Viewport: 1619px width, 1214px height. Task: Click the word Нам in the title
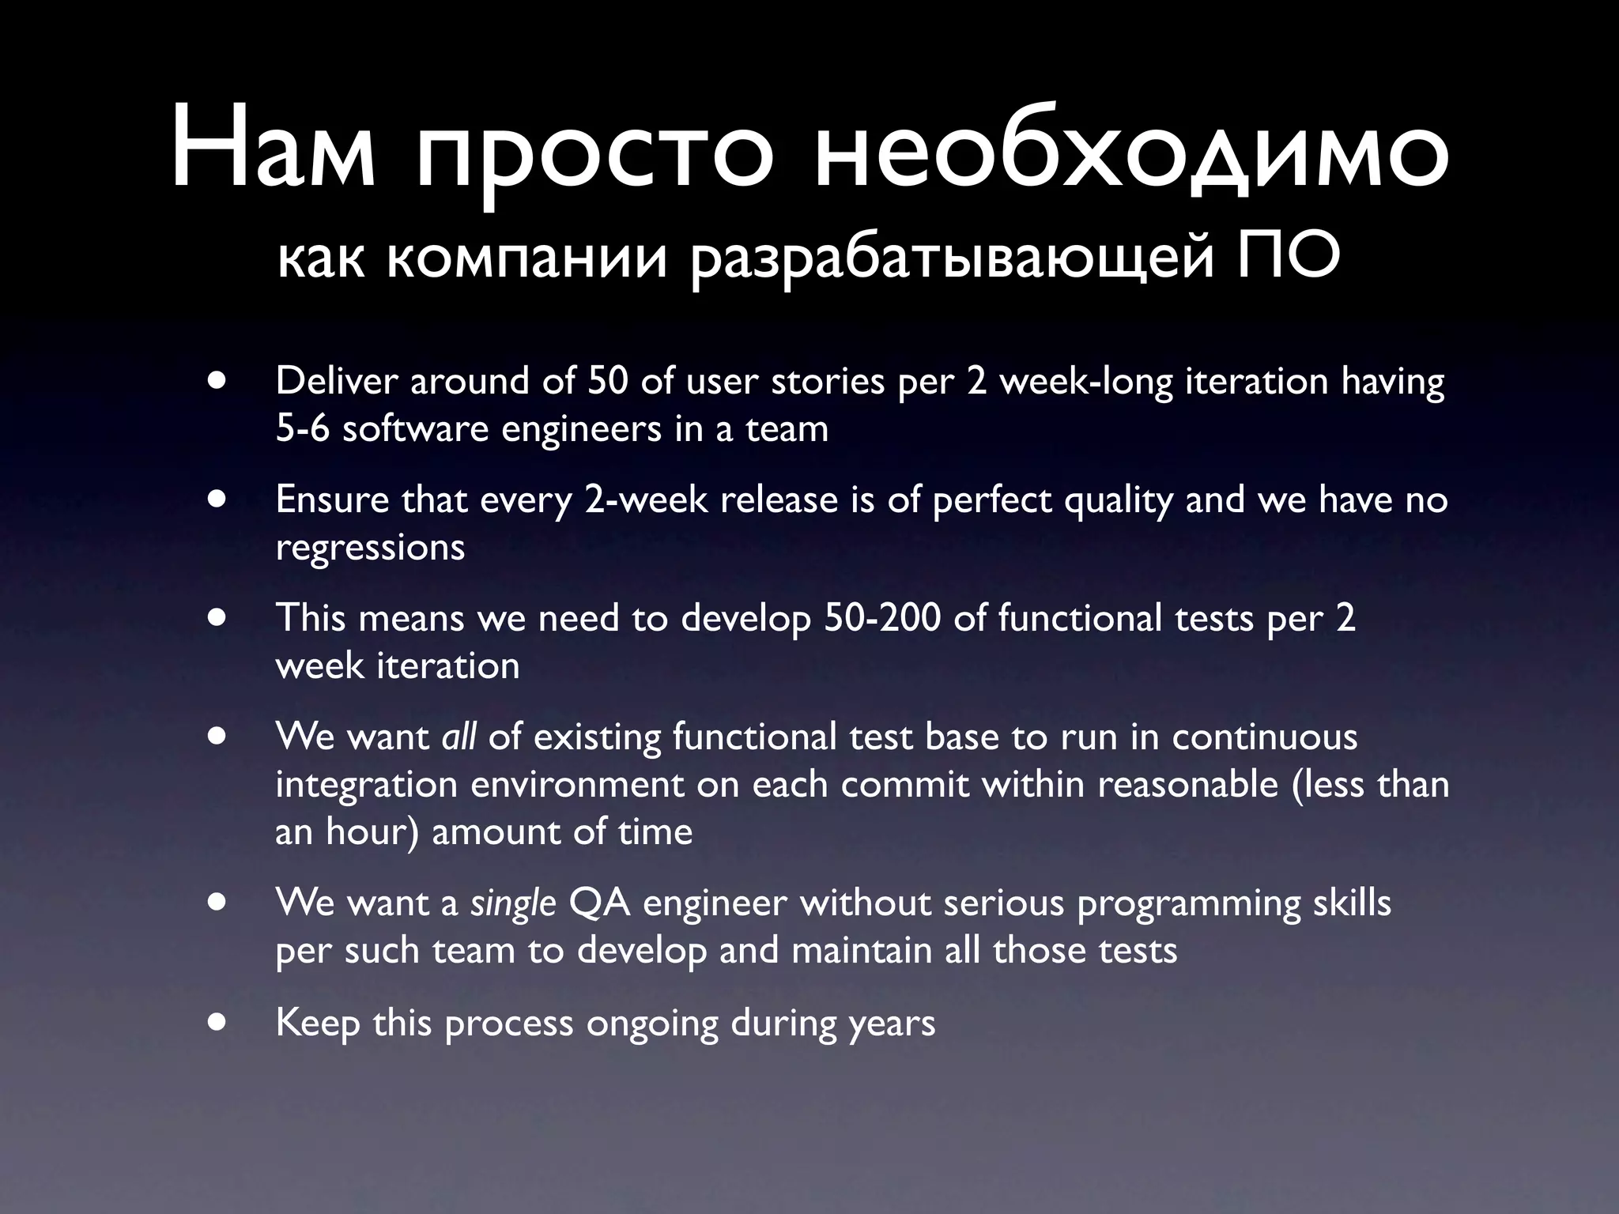pyautogui.click(x=274, y=149)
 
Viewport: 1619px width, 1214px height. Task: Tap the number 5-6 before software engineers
pyautogui.click(x=302, y=428)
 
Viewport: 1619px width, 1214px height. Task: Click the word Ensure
pyautogui.click(x=332, y=500)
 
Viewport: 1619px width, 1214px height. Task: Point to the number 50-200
pyautogui.click(x=881, y=617)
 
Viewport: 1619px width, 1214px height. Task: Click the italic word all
pyautogui.click(x=459, y=737)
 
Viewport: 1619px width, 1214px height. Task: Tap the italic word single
pyautogui.click(x=513, y=903)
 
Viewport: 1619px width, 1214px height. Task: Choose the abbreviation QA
pyautogui.click(x=599, y=903)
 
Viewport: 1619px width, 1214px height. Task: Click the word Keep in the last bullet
pyautogui.click(x=317, y=1023)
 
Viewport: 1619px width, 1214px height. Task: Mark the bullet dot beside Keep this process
pyautogui.click(x=217, y=1021)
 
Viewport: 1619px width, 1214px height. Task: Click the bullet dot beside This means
pyautogui.click(x=217, y=616)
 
